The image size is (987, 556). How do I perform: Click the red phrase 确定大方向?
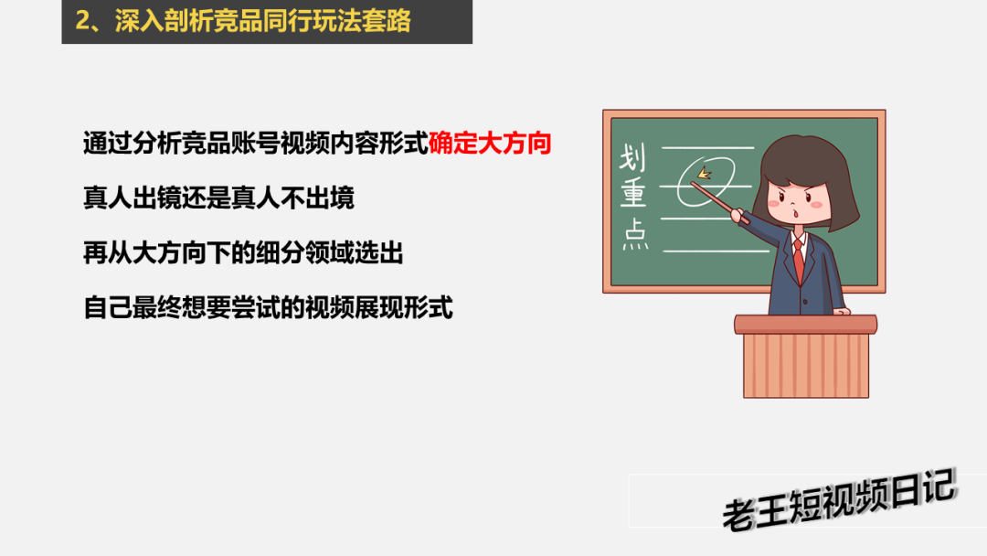(x=490, y=144)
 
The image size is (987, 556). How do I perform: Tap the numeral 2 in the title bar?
(x=82, y=20)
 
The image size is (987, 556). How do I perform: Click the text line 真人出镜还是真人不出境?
(x=218, y=198)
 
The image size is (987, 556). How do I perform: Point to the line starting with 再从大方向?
(x=243, y=252)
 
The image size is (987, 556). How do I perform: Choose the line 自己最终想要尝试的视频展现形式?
(x=268, y=307)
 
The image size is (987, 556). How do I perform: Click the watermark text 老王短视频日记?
(x=839, y=500)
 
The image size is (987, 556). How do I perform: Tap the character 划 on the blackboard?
(x=632, y=157)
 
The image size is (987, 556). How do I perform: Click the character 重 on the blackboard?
(x=633, y=193)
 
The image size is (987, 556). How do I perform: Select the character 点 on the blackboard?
(x=635, y=234)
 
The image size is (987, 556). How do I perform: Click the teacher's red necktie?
(x=799, y=260)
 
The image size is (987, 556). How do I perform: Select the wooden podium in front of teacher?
(x=806, y=357)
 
